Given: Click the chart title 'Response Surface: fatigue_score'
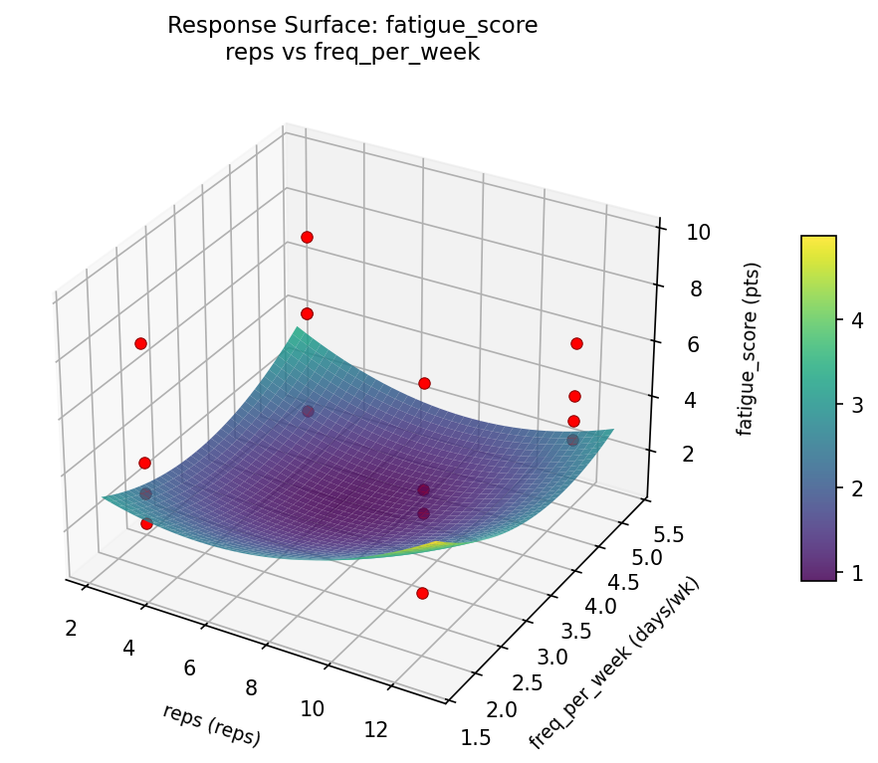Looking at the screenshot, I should pos(352,26).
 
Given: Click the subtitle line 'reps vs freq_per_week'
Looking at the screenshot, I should pos(352,53).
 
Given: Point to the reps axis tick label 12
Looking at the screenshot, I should pos(375,730).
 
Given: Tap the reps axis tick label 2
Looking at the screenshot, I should pos(72,628).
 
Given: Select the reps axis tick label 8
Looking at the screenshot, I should pos(251,687).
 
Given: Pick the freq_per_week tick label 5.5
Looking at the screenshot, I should pos(663,534).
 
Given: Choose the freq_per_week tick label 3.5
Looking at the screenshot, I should pos(575,632).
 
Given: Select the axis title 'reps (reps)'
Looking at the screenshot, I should pos(212,724).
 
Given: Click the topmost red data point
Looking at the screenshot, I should pos(307,237).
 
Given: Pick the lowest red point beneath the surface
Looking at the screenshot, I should pos(422,593).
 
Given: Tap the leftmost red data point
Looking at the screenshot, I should pos(140,343).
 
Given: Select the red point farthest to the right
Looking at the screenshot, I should pos(576,343).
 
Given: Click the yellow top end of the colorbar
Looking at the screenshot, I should pos(818,242).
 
